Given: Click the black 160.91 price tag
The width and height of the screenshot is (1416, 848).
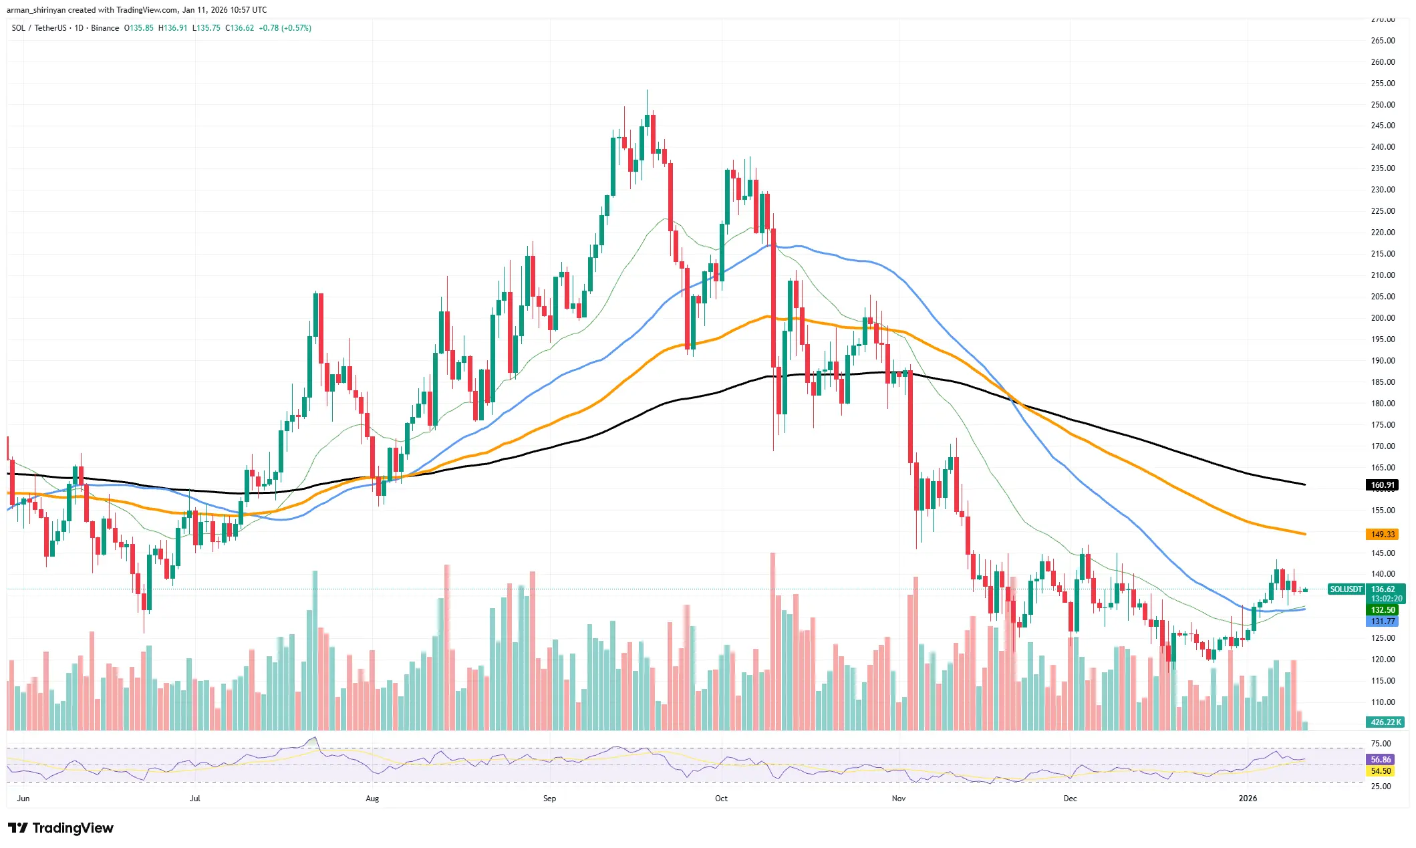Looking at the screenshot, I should coord(1382,485).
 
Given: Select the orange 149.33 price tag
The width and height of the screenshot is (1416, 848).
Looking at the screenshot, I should coord(1382,535).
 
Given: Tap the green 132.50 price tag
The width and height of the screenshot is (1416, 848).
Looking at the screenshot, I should coord(1382,610).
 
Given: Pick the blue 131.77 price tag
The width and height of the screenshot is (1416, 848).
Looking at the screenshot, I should coord(1382,621).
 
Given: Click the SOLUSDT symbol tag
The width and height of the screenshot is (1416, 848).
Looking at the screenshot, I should coord(1345,589).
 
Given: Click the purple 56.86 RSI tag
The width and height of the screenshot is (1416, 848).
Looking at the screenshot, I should coord(1381,760).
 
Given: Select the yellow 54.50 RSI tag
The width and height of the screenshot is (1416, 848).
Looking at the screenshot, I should coord(1381,771).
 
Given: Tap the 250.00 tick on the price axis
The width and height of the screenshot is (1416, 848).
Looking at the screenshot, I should coord(1383,105).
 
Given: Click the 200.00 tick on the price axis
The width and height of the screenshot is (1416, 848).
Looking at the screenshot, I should coord(1383,318).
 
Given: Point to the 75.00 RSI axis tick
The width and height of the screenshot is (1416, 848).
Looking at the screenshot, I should coord(1381,744).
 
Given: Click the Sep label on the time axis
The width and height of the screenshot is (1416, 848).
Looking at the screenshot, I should coord(549,799).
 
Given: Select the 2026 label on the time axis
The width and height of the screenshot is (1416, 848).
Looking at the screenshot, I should coord(1247,799).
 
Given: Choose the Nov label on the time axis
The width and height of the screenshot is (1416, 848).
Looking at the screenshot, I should coord(898,799).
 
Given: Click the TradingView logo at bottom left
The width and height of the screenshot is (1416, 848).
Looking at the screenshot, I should coord(61,828).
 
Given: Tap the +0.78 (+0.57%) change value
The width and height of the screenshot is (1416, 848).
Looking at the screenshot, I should coord(285,28).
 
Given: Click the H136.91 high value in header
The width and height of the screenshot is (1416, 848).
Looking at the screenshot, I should coord(172,28).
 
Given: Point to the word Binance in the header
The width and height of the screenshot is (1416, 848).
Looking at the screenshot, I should coord(105,28).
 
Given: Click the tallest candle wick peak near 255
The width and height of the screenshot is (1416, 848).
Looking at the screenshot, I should coord(647,91).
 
